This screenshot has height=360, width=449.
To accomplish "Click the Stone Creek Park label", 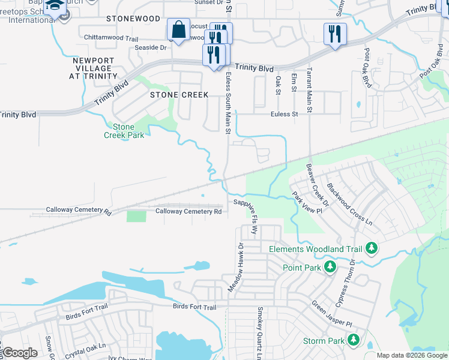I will pos(124,131).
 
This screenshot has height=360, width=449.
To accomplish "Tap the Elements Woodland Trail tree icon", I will pos(372,248).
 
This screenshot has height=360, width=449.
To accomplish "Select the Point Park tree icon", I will pos(330,266).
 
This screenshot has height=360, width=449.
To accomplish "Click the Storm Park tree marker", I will pos(354,340).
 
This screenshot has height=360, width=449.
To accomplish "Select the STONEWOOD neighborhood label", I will pos(133,19).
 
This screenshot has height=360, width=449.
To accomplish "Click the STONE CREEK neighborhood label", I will pos(179,95).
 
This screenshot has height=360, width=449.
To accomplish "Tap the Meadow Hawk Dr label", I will pos(237,268).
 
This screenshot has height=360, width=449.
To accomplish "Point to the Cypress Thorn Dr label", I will pos(346,282).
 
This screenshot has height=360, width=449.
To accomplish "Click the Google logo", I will pos(19,353).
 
